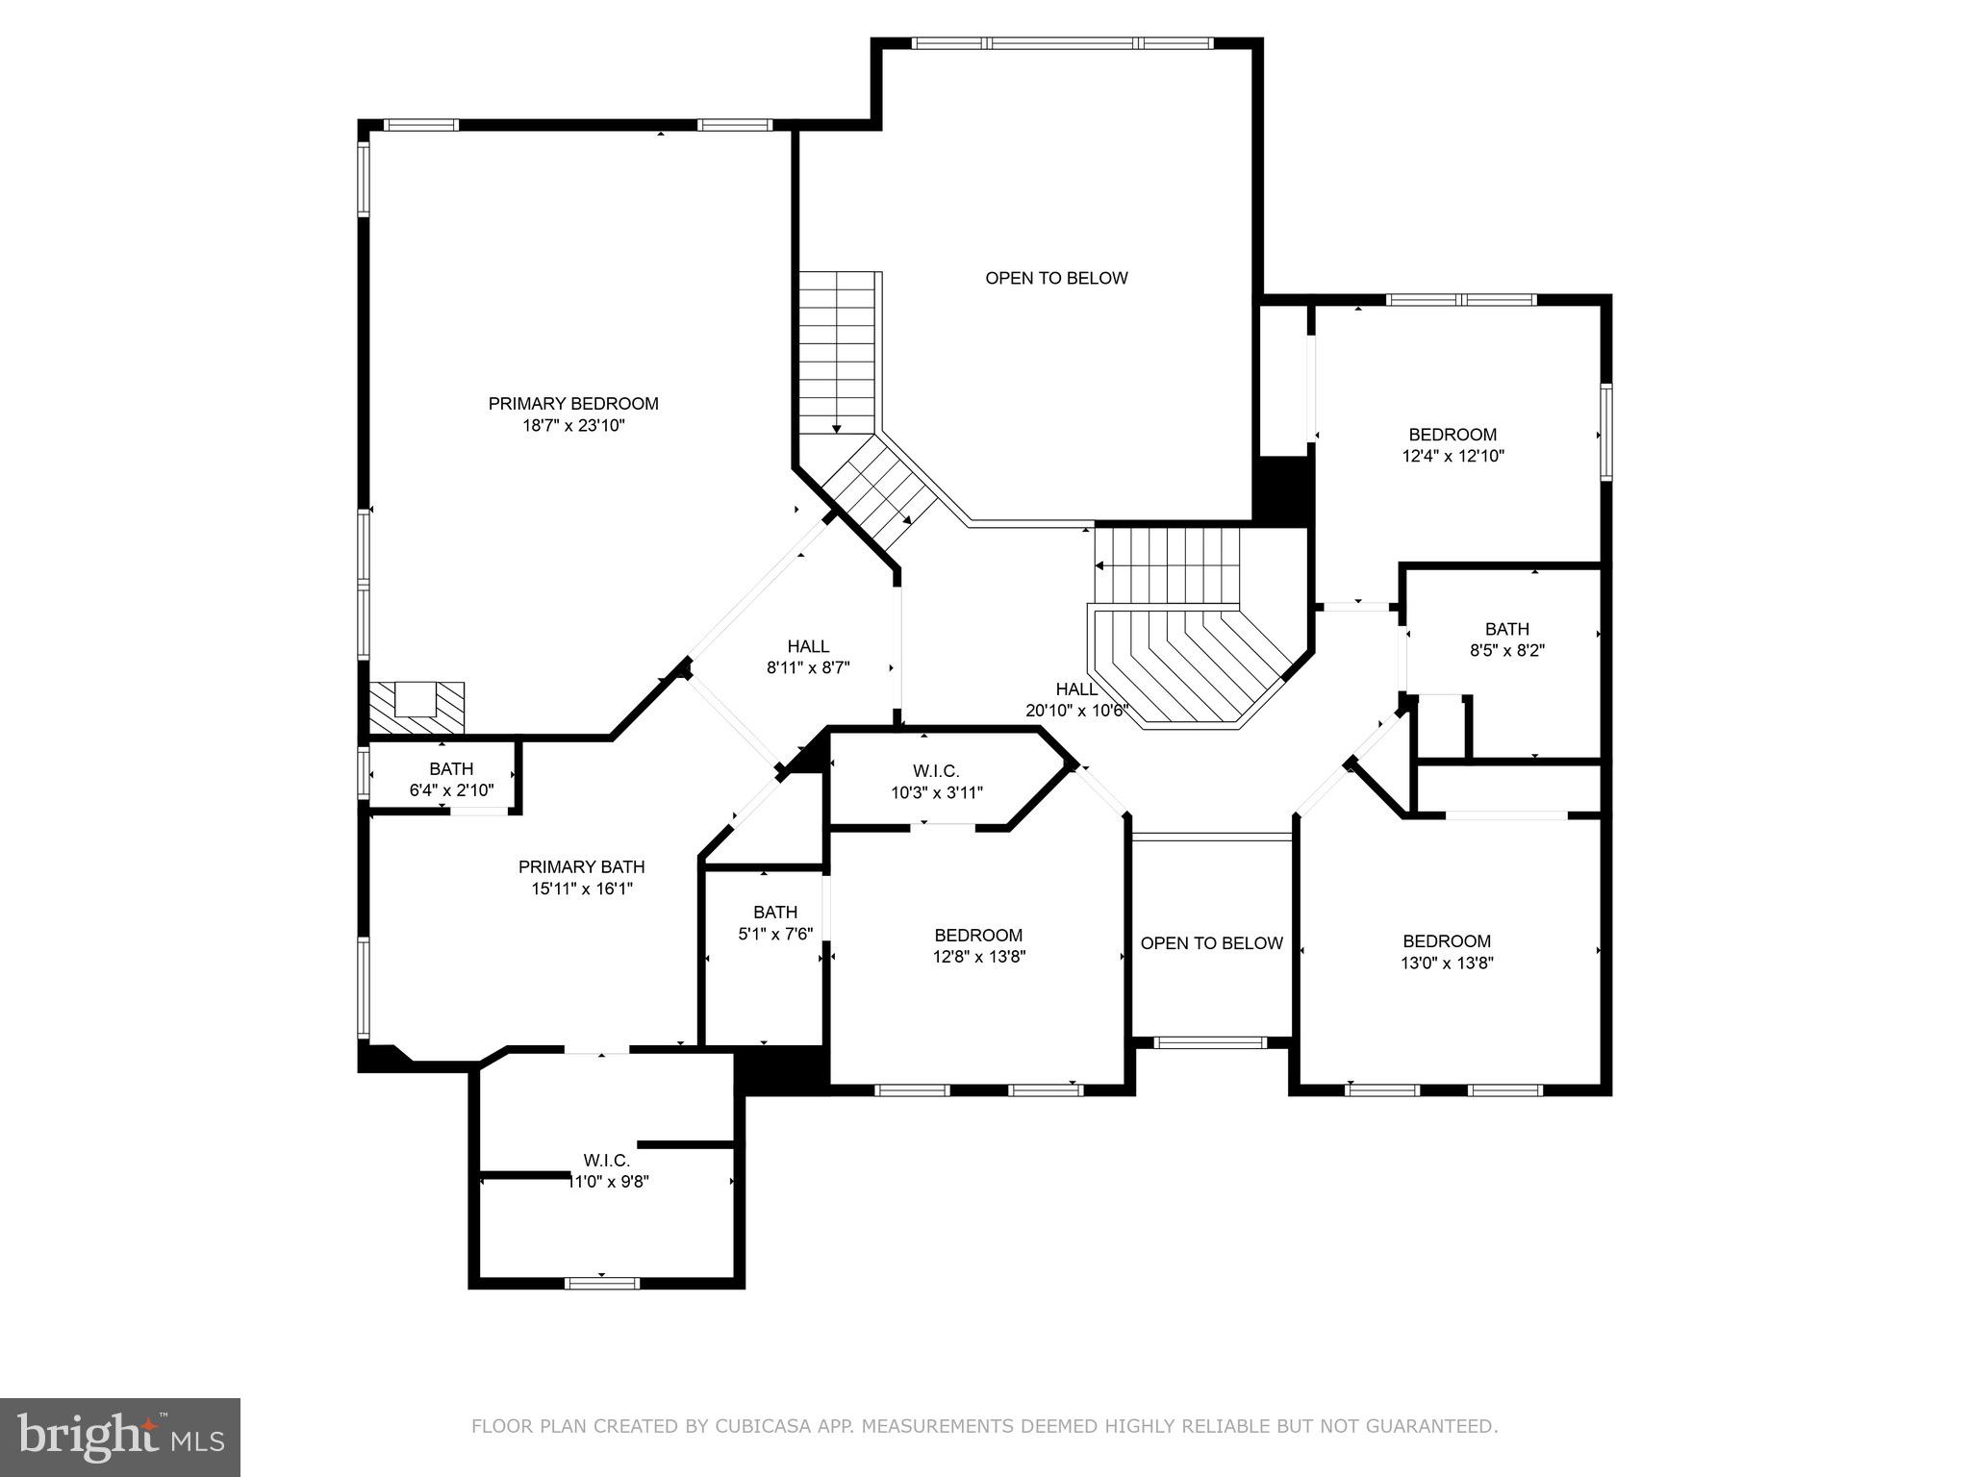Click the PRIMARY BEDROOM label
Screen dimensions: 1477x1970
(x=573, y=404)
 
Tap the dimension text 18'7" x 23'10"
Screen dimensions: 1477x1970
(x=573, y=426)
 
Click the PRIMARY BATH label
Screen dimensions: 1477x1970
(x=581, y=867)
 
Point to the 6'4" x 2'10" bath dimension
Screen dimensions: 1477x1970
(x=451, y=790)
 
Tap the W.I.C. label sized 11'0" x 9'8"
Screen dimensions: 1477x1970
(x=607, y=1161)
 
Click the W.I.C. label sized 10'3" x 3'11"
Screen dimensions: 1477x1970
(x=936, y=771)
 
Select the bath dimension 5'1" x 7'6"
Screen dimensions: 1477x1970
(x=775, y=934)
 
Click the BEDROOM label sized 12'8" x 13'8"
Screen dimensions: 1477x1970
(x=978, y=936)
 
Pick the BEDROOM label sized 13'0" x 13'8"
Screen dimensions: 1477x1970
(x=1446, y=941)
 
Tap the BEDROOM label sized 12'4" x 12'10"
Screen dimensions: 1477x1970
(x=1452, y=435)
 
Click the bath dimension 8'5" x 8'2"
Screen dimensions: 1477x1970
(x=1506, y=650)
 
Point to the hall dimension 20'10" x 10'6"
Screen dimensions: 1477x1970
(x=1076, y=712)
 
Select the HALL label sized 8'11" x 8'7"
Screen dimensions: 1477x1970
(x=808, y=646)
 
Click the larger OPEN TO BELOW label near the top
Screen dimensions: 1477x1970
(x=1056, y=279)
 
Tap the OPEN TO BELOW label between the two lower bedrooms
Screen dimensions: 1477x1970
(x=1211, y=943)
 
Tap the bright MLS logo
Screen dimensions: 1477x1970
(x=120, y=1437)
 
